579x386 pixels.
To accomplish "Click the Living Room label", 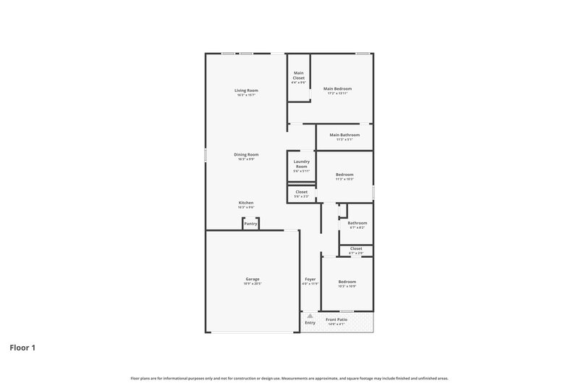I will [247, 91].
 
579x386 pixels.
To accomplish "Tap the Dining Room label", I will [246, 154].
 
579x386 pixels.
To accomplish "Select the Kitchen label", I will [246, 203].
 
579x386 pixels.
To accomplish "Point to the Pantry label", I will [250, 224].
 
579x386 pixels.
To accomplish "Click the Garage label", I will [252, 279].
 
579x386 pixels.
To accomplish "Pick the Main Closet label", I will [299, 75].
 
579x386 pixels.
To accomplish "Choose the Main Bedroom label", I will [337, 88].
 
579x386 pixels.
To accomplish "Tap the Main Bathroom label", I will [345, 135].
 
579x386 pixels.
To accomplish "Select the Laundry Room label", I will [301, 164].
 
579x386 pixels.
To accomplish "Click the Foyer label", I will [310, 279].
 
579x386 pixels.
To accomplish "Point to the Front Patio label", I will [337, 319].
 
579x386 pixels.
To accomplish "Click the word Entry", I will [310, 323].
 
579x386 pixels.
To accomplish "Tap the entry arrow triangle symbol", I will [310, 316].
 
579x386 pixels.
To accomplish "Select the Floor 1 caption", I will [22, 348].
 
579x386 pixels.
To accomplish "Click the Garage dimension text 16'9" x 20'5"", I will [252, 283].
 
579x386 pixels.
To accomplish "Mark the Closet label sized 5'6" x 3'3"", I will [301, 192].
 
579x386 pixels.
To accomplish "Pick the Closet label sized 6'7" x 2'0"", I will [355, 248].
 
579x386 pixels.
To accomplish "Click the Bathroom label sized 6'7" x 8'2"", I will [357, 223].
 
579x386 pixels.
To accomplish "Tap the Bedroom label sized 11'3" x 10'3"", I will [345, 175].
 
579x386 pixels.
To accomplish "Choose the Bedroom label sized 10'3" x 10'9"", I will [347, 281].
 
